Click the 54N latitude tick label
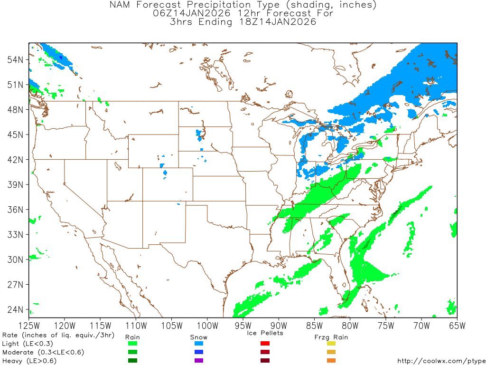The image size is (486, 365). point(15,59)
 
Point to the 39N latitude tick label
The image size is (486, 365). point(15,184)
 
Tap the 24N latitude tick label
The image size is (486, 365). point(15,309)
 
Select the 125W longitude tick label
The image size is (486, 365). point(28,326)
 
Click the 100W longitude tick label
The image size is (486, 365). point(207,326)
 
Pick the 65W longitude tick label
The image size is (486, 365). point(457,326)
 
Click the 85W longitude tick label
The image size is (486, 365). point(314,326)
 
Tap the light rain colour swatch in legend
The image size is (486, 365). point(132,344)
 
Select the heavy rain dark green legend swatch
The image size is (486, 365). point(132,361)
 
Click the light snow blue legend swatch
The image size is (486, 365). point(199,344)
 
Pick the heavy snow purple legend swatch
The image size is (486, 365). point(199,361)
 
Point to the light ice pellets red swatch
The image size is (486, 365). point(265,344)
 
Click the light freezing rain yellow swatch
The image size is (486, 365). point(331,344)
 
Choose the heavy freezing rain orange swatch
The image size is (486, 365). point(331,361)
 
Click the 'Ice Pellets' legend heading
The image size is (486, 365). point(265,333)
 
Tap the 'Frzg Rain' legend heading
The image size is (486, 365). point(331,337)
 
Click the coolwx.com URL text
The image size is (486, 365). point(440,361)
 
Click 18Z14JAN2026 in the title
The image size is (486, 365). point(274,22)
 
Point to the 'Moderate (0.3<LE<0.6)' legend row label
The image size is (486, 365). point(43,352)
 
